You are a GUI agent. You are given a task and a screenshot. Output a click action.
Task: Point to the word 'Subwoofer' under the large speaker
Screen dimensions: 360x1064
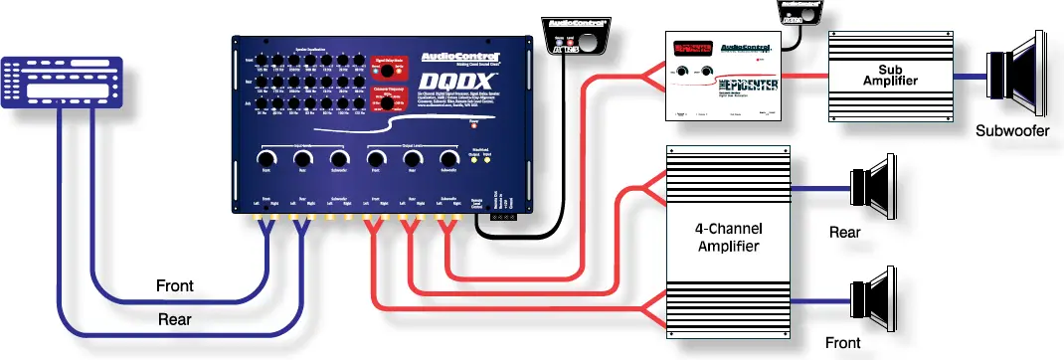tap(1012, 130)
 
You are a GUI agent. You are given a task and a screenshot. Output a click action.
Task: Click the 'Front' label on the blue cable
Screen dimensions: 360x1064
tap(175, 286)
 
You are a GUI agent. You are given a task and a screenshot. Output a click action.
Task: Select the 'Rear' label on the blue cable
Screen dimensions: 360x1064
tap(175, 320)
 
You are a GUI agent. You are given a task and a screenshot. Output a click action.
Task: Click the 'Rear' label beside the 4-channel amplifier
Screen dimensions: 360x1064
tap(845, 234)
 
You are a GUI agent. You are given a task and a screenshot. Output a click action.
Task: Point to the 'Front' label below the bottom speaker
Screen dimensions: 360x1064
tap(842, 344)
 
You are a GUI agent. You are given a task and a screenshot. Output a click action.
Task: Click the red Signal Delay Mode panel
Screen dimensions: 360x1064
tap(392, 67)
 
